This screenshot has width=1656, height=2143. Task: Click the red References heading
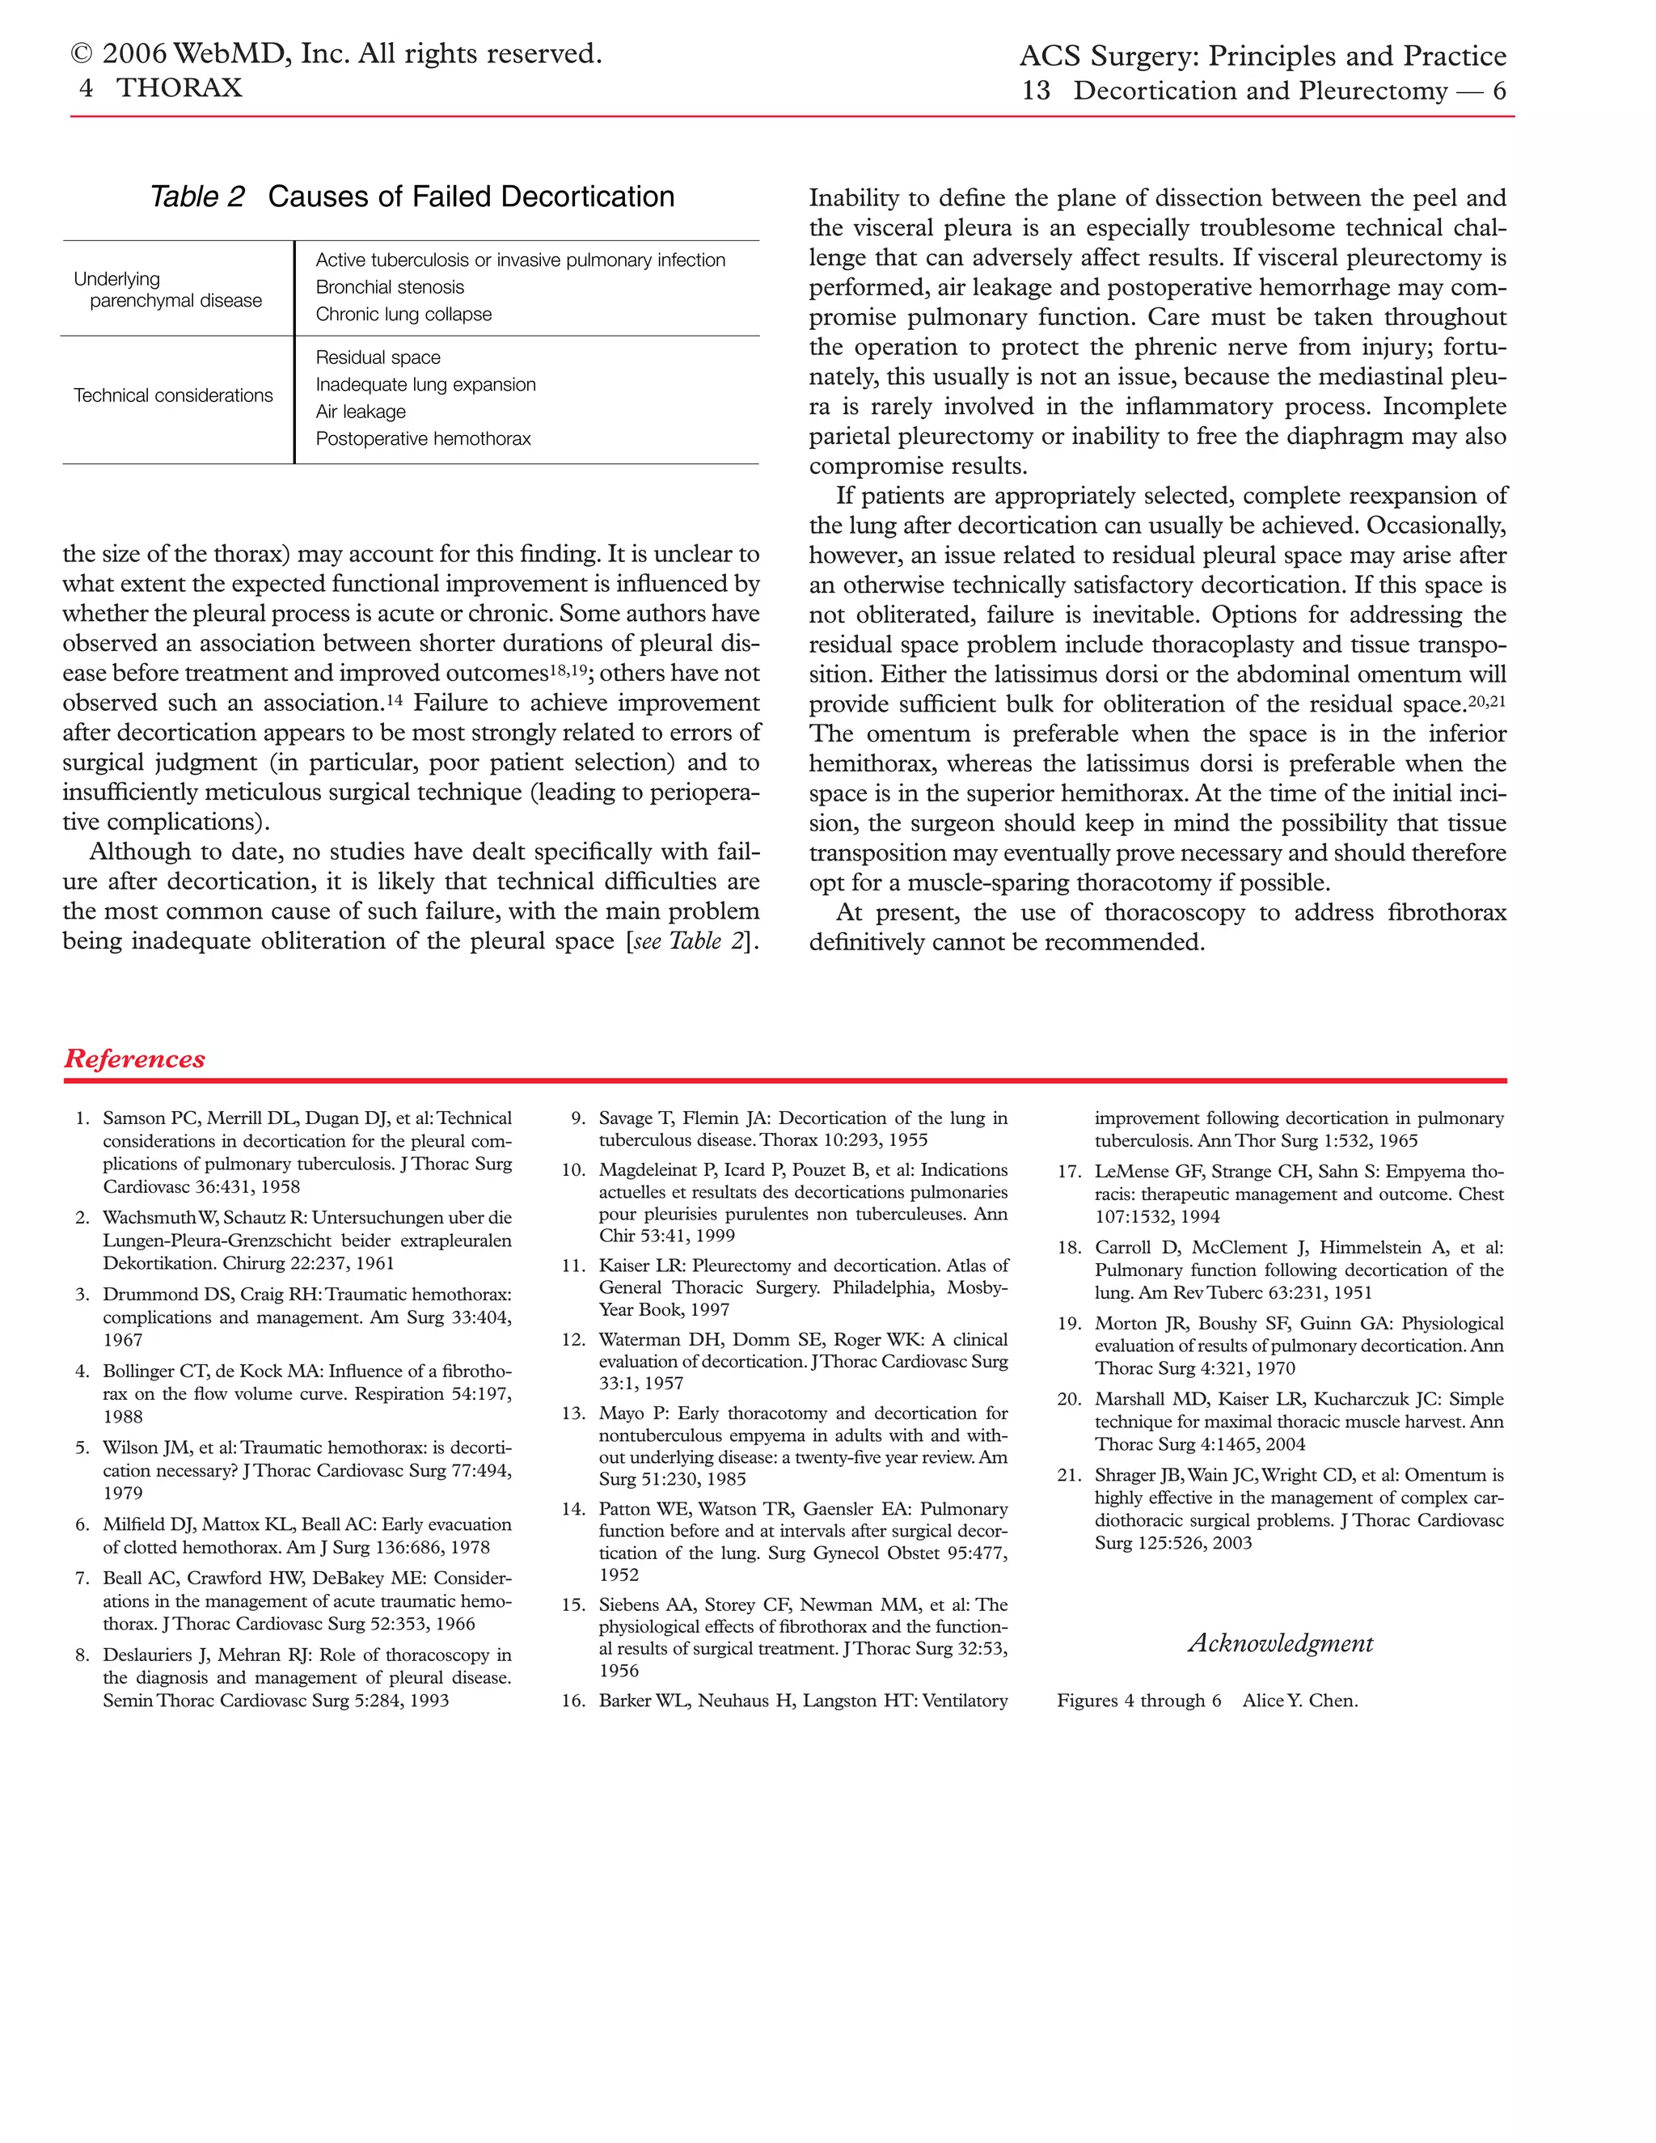click(x=134, y=1059)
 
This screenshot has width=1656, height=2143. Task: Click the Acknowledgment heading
click(x=1280, y=1642)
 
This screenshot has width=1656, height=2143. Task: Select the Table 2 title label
click(x=197, y=197)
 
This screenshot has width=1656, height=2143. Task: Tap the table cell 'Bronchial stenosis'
click(x=390, y=286)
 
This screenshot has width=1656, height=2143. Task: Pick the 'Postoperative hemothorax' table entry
click(x=423, y=438)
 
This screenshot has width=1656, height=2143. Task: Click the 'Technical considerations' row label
click(x=174, y=395)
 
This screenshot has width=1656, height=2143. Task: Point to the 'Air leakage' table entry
click(x=360, y=411)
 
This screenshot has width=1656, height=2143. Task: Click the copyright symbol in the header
click(x=82, y=54)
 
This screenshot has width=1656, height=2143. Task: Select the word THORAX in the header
click(x=179, y=88)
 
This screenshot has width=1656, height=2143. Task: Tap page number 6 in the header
click(x=1498, y=91)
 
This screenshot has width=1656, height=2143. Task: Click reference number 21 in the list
click(x=1068, y=1475)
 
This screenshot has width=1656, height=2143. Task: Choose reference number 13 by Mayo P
click(x=573, y=1413)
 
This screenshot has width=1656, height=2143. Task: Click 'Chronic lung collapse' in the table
click(x=403, y=314)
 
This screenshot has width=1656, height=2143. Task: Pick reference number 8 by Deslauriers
click(x=82, y=1655)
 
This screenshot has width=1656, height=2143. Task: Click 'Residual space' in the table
click(x=378, y=357)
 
